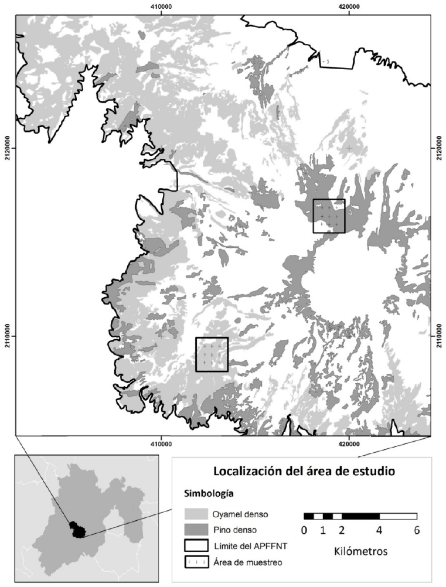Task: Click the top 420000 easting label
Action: point(349,6)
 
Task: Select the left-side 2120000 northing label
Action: point(6,148)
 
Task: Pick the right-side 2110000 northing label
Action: point(439,336)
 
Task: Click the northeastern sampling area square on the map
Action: point(329,216)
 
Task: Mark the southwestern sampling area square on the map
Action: point(212,354)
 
